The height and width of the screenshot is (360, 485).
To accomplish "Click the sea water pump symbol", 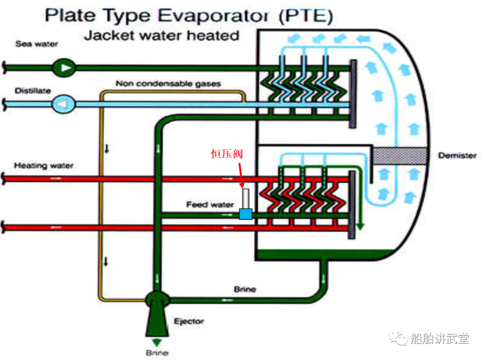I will pyautogui.click(x=65, y=68).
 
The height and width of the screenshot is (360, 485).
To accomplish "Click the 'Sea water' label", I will pyautogui.click(x=37, y=44).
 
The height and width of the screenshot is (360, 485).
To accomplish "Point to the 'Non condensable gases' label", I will pyautogui.click(x=168, y=84).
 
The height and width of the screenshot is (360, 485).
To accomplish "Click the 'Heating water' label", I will pyautogui.click(x=44, y=165).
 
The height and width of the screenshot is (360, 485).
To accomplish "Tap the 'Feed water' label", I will pyautogui.click(x=210, y=205).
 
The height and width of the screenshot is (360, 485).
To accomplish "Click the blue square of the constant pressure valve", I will pyautogui.click(x=245, y=214).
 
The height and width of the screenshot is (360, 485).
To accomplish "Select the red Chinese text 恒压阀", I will pyautogui.click(x=227, y=154).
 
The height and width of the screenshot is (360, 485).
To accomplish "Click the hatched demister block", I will pyautogui.click(x=399, y=155).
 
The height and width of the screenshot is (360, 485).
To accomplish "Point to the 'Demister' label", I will pyautogui.click(x=457, y=156).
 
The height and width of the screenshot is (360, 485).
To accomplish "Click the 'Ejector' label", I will pyautogui.click(x=189, y=321).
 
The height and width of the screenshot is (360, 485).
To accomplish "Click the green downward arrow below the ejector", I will pyautogui.click(x=157, y=342).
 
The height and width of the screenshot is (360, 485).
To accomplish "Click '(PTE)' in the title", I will pyautogui.click(x=305, y=17).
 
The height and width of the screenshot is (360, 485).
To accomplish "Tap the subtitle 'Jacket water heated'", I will pyautogui.click(x=162, y=35).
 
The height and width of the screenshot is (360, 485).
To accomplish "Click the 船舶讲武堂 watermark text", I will pyautogui.click(x=440, y=338).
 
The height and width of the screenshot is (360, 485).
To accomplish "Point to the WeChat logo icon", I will pyautogui.click(x=399, y=338).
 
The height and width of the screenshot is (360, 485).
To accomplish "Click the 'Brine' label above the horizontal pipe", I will pyautogui.click(x=245, y=289).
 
